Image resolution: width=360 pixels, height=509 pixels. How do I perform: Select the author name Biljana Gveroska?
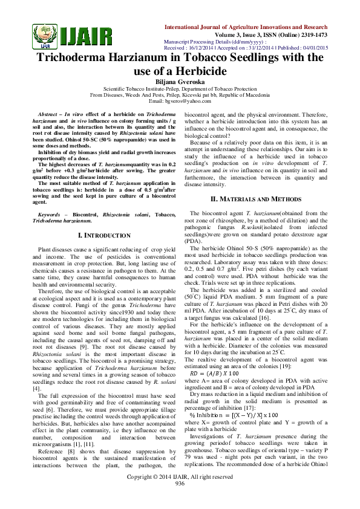coord(180,82)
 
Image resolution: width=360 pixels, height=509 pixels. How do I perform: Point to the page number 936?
coord(180,501)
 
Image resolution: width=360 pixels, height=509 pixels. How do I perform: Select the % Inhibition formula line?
coord(227,400)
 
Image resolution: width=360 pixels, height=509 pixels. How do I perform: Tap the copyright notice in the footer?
coord(180,494)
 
